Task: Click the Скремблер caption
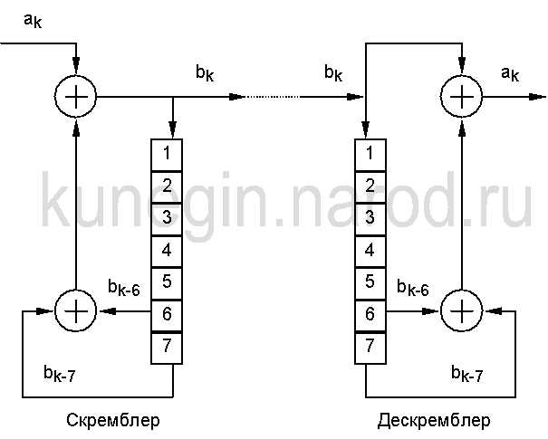[112, 421]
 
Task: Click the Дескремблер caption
[434, 421]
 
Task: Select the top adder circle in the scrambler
[76, 95]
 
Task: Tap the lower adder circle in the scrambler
[76, 310]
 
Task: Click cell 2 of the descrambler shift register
[369, 184]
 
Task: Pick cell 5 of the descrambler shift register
[369, 282]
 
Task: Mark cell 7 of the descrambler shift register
[369, 346]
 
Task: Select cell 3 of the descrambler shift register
[369, 216]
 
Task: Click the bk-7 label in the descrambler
[467, 374]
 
